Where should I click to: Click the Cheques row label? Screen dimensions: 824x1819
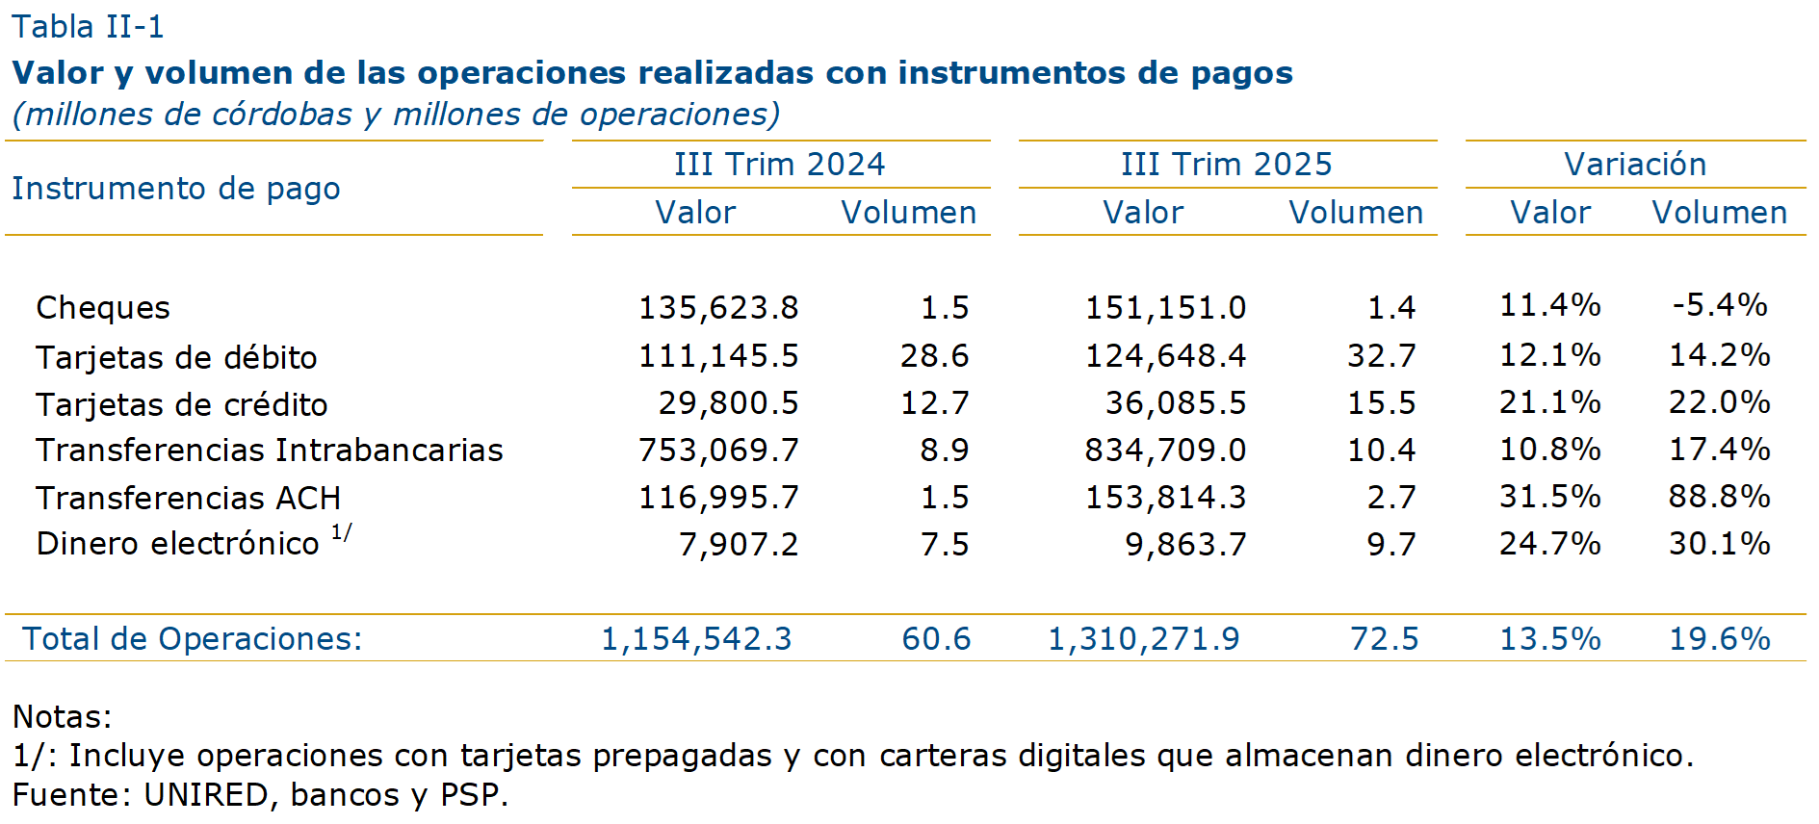[103, 308]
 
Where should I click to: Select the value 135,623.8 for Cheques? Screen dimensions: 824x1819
[718, 308]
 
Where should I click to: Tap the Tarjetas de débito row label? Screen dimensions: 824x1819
[176, 358]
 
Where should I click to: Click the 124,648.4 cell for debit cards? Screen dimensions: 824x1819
[1165, 356]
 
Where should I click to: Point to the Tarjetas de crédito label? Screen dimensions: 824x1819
[182, 405]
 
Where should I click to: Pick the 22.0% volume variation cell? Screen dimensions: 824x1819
[1719, 402]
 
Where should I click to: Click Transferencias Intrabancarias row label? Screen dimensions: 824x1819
[270, 451]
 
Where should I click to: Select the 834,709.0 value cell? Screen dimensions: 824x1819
[1165, 451]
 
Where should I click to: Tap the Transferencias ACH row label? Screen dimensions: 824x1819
[189, 499]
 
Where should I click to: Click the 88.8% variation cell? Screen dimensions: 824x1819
[1719, 497]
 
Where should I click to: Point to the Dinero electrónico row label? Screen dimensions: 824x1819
[178, 544]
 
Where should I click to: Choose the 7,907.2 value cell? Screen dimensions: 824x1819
[739, 545]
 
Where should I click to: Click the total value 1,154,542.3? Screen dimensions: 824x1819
[696, 639]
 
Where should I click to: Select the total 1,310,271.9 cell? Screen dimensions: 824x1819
[1144, 639]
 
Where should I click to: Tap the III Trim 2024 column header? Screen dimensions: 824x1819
[779, 165]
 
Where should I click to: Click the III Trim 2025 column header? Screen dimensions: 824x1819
[1226, 165]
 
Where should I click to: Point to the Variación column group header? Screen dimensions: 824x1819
[1635, 165]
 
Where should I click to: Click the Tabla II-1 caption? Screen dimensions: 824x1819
[88, 27]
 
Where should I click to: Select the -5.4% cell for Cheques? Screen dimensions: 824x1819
[1719, 305]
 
